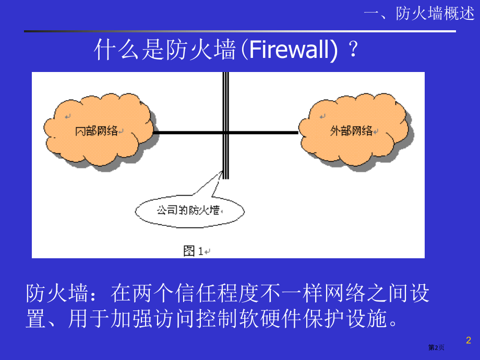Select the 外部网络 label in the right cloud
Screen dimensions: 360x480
click(x=351, y=130)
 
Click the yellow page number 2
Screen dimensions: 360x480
click(x=468, y=341)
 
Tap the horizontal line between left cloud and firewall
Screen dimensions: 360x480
click(x=188, y=133)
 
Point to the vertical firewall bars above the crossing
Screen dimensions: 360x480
click(x=225, y=99)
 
